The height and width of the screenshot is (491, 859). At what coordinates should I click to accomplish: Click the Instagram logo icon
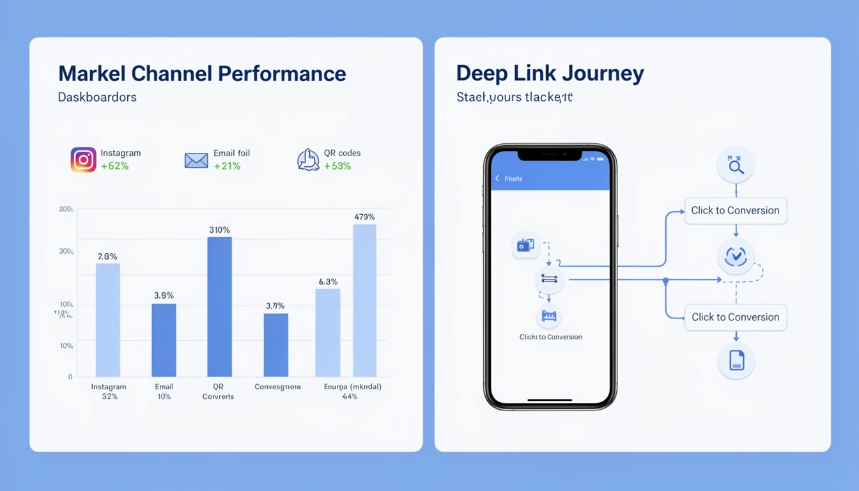click(x=83, y=160)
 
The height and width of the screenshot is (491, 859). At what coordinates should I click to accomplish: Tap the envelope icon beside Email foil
click(x=196, y=160)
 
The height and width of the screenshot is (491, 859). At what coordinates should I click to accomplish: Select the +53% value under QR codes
click(x=337, y=166)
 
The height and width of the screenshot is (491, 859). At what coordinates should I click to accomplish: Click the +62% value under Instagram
click(x=115, y=166)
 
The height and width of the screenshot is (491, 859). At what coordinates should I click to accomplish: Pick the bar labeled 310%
click(x=219, y=307)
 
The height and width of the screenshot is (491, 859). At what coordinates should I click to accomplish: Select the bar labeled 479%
click(x=364, y=300)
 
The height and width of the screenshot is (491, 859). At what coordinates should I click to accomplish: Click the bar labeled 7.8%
click(x=107, y=320)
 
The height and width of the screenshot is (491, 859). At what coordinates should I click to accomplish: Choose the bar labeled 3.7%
click(x=275, y=345)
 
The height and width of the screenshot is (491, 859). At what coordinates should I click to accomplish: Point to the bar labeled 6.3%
click(x=327, y=332)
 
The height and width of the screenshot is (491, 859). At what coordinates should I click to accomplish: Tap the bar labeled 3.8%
click(x=164, y=340)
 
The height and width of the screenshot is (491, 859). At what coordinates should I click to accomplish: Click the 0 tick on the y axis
click(x=70, y=377)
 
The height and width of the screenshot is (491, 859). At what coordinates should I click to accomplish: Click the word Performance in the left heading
click(x=282, y=74)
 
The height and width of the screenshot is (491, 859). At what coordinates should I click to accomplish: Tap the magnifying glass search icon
click(x=736, y=166)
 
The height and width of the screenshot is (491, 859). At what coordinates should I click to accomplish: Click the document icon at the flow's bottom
click(x=736, y=361)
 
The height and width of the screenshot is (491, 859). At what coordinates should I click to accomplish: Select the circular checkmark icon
click(x=736, y=256)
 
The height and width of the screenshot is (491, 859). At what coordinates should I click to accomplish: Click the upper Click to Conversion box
click(x=735, y=210)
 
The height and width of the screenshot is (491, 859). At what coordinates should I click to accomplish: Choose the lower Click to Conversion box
click(x=735, y=317)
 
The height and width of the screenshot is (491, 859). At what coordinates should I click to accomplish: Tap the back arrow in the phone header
click(x=497, y=178)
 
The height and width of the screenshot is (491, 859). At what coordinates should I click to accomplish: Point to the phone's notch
click(x=550, y=155)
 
